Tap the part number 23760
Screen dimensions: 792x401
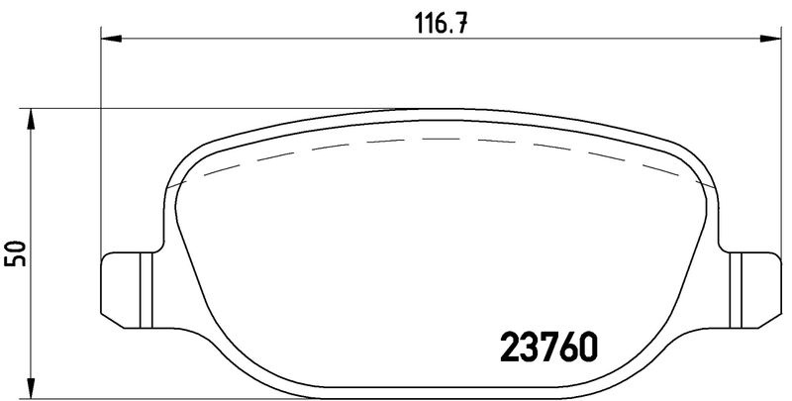click(x=548, y=347)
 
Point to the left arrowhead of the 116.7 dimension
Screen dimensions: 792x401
click(x=112, y=39)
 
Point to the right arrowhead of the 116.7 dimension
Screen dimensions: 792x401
click(x=771, y=39)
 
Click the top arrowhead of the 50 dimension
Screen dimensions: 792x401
click(x=31, y=119)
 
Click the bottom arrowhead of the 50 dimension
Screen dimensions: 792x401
click(x=31, y=387)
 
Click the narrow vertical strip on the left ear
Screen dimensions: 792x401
click(x=147, y=290)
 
